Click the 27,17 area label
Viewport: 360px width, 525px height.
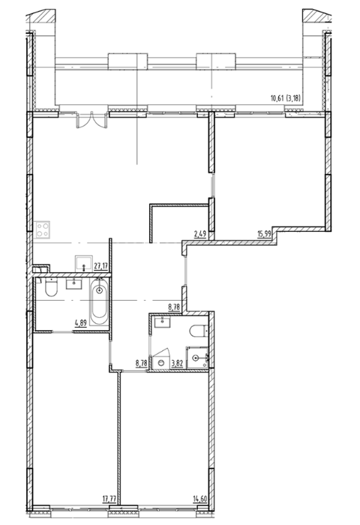(100, 266)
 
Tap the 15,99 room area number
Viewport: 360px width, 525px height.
(264, 233)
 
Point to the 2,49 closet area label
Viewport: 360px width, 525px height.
(200, 234)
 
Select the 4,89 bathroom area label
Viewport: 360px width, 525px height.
(81, 323)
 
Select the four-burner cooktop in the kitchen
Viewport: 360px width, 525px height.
(43, 229)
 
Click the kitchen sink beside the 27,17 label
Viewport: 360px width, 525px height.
(84, 263)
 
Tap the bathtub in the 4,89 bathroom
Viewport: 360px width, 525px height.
(99, 301)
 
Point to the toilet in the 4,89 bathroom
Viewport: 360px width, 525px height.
(51, 287)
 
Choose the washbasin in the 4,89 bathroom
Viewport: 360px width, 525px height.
(73, 283)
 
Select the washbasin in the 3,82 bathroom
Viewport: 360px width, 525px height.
(163, 322)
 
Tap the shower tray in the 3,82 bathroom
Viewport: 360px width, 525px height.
(197, 358)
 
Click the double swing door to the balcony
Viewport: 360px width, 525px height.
(91, 121)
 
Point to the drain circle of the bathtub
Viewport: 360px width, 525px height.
(99, 290)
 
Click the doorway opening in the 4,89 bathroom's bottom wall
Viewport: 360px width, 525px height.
(62, 331)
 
